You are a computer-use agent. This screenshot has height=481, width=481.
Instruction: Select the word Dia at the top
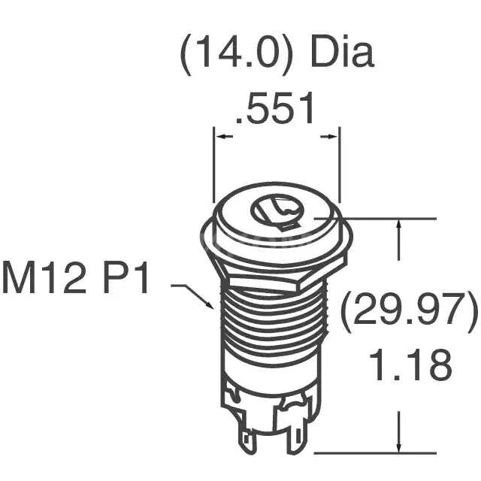341,56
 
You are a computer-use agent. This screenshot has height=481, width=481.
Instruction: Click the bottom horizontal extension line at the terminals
376,453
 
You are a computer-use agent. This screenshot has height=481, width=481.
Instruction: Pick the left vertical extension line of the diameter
215,165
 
